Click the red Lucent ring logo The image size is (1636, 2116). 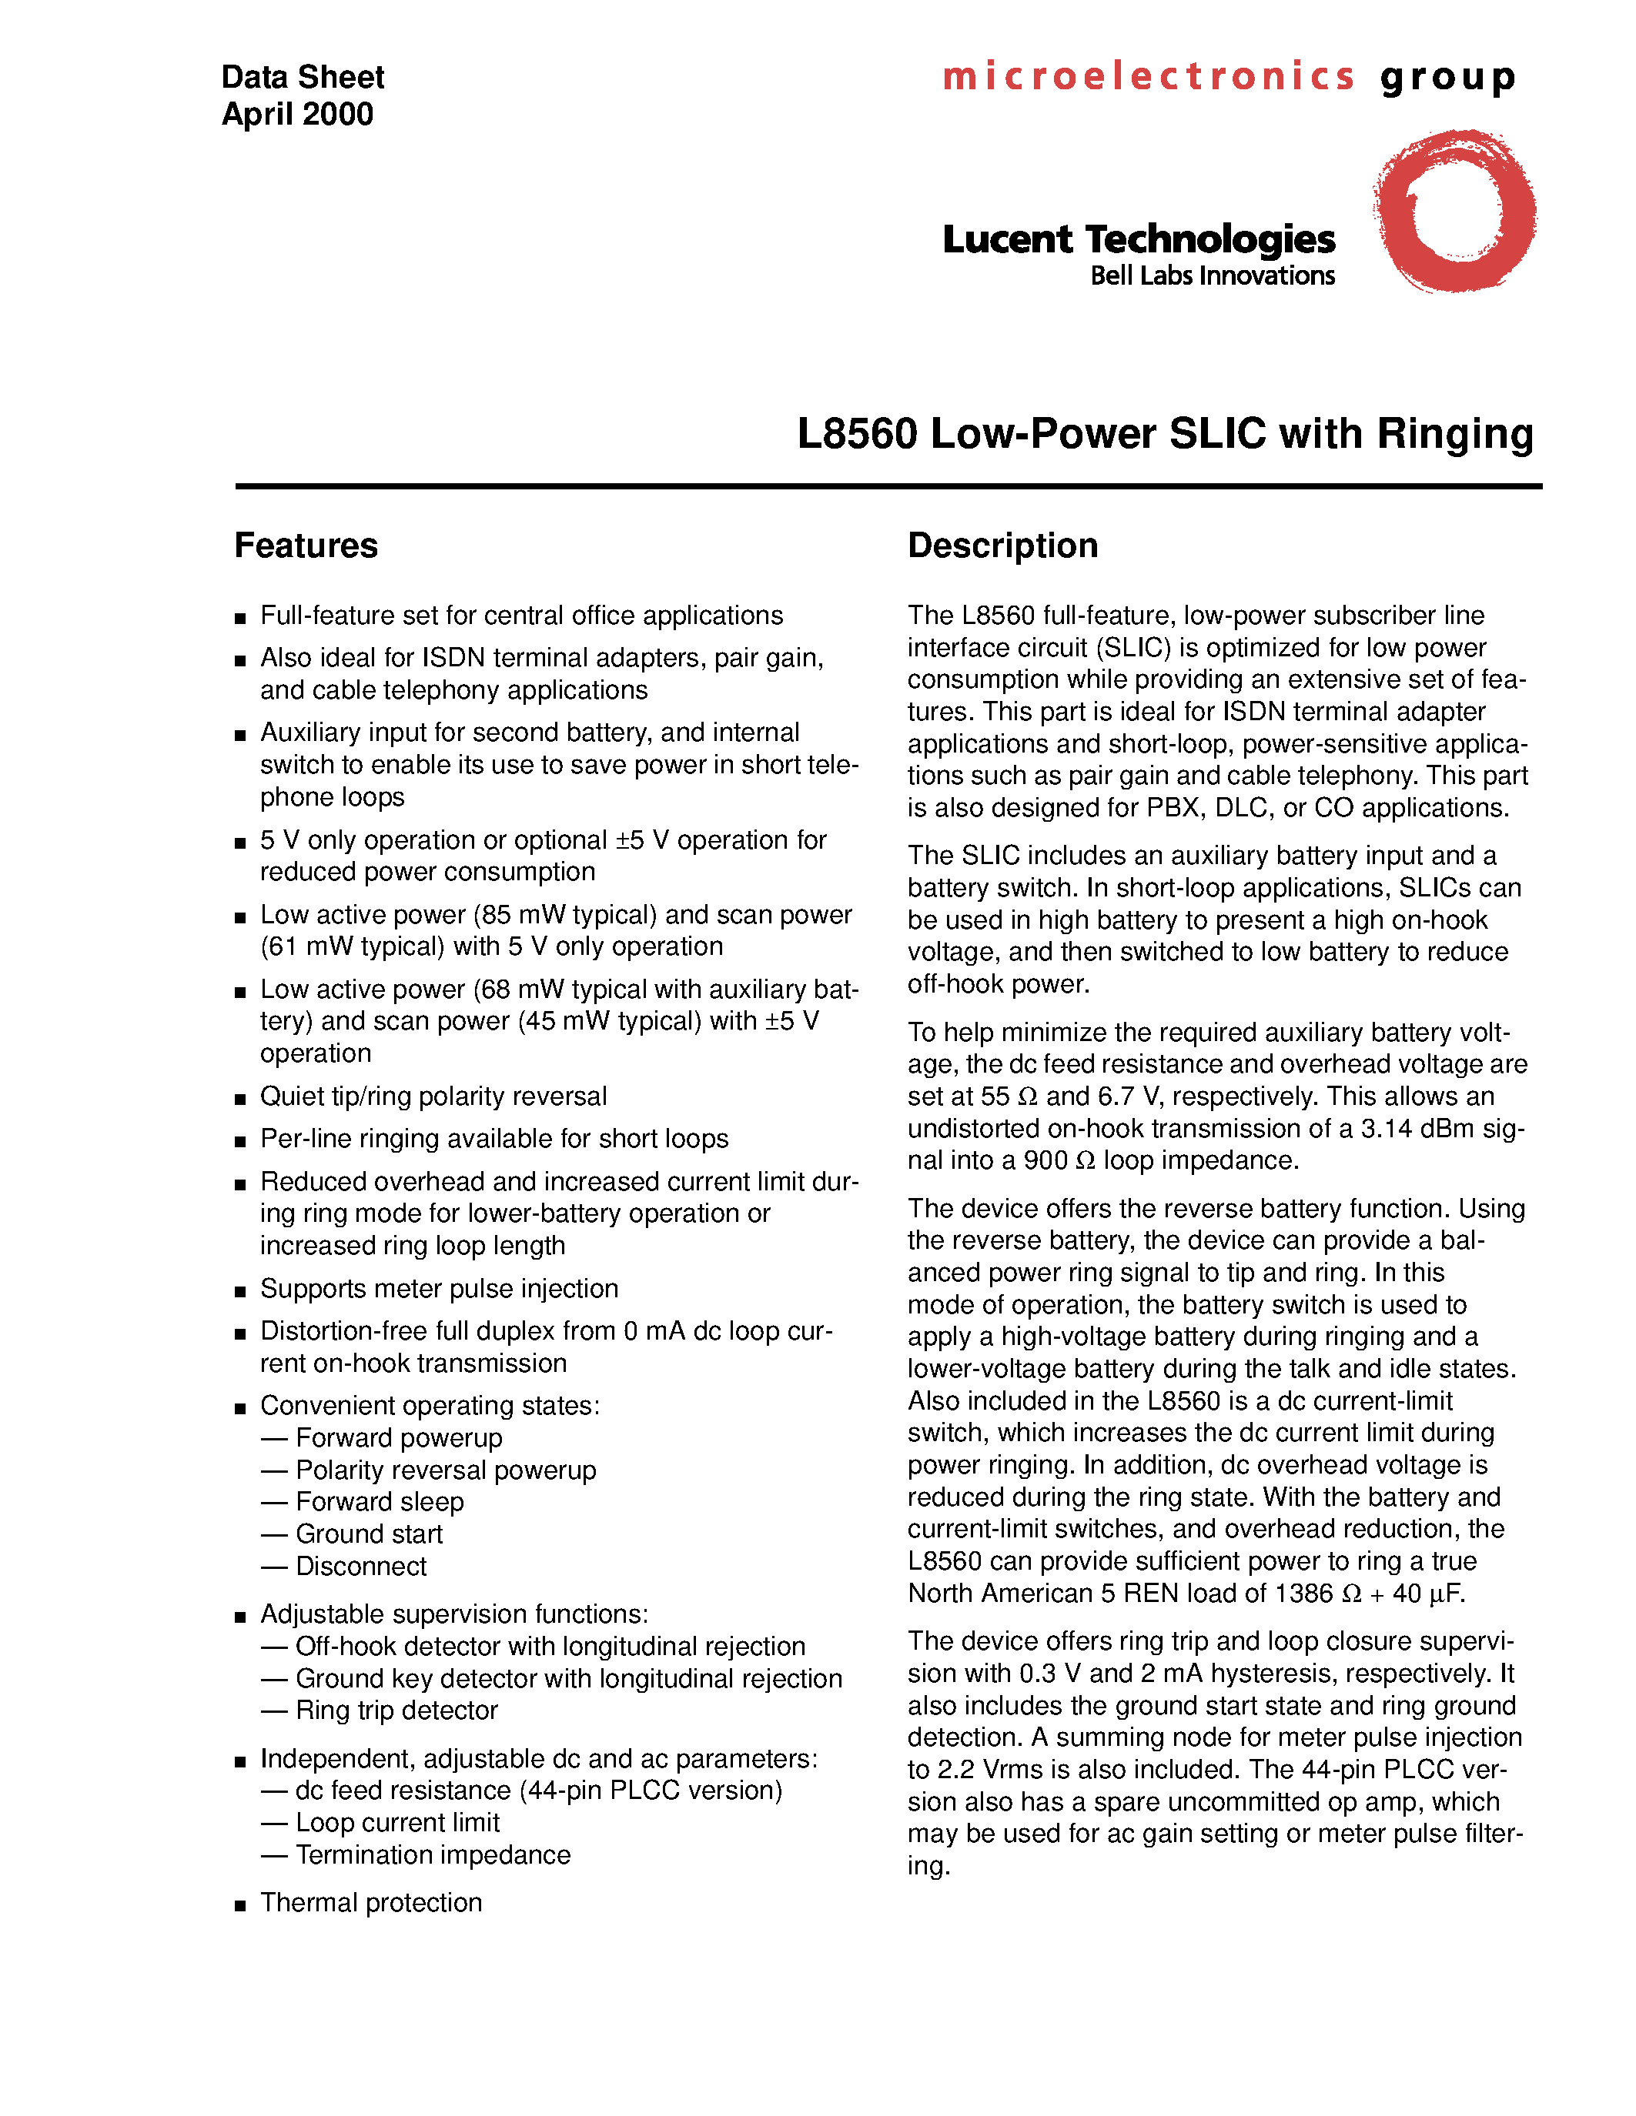1454,211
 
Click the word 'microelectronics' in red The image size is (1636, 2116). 1148,76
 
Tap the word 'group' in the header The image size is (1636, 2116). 1448,78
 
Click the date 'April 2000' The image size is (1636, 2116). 297,115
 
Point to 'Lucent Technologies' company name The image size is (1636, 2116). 1138,239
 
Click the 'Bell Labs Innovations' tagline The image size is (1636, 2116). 1212,276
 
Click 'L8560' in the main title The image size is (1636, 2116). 857,433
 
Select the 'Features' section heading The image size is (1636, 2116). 306,546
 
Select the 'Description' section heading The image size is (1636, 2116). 1002,546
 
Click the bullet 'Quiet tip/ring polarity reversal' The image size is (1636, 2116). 433,1096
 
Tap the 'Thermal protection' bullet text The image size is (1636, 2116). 370,1902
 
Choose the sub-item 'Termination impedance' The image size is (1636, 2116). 432,1854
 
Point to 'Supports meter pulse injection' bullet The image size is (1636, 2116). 439,1289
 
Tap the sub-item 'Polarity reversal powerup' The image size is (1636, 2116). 446,1470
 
